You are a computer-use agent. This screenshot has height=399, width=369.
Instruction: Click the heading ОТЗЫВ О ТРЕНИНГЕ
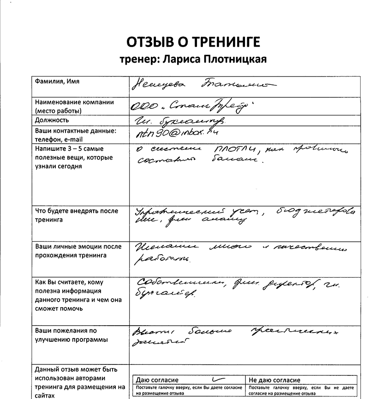(x=193, y=42)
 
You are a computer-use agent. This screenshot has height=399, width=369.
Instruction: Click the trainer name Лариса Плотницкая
(x=193, y=60)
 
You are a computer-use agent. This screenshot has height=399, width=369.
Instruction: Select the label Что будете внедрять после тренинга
(x=77, y=215)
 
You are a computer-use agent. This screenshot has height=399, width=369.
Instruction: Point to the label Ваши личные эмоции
(x=78, y=251)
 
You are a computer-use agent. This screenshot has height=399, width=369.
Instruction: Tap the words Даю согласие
(x=157, y=380)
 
